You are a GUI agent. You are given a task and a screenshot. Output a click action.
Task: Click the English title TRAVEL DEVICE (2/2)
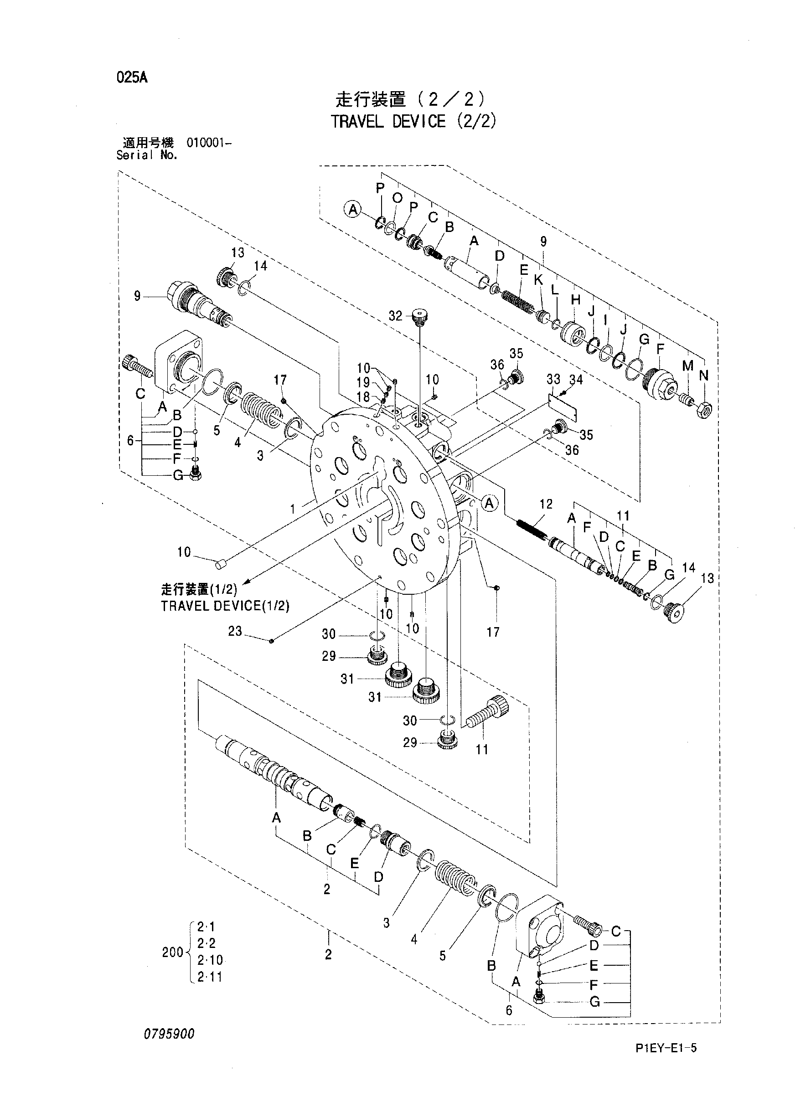413,121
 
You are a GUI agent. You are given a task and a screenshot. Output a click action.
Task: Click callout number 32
395,316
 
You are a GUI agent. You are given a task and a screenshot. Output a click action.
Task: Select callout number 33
553,379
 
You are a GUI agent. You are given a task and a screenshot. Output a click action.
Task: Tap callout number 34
576,379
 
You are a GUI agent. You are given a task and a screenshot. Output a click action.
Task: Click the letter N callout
704,376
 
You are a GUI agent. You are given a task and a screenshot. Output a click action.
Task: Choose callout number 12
546,504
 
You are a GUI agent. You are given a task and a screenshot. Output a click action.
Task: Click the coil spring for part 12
531,530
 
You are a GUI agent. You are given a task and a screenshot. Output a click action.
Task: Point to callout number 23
235,631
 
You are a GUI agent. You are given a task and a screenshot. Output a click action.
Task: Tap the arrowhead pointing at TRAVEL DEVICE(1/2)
248,582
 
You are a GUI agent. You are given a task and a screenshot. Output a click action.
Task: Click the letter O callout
398,198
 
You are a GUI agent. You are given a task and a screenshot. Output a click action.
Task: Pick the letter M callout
688,366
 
